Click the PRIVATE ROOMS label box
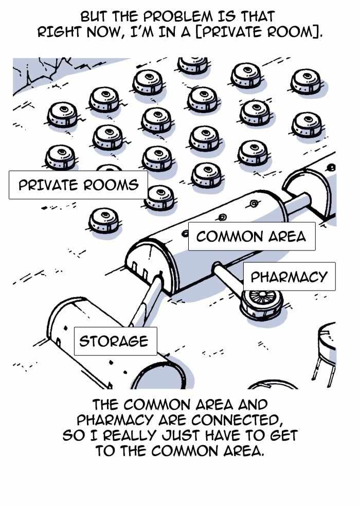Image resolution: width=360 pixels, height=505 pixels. [x=78, y=185]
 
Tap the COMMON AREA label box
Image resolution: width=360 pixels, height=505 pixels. [x=251, y=237]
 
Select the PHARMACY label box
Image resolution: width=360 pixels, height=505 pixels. [x=289, y=277]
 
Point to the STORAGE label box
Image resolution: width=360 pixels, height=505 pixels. [x=116, y=341]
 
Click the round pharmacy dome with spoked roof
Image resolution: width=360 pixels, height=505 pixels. [x=261, y=304]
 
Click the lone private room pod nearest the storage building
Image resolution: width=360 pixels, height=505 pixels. [x=104, y=221]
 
